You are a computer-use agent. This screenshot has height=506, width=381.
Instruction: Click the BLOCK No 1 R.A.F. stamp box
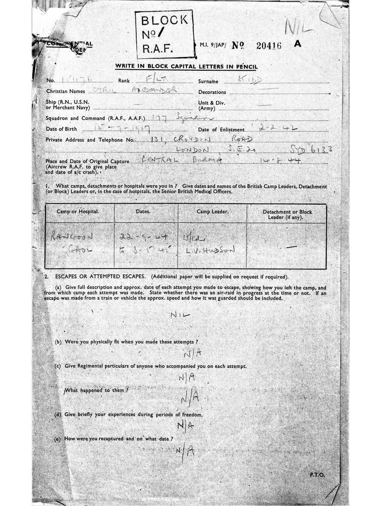click(164, 34)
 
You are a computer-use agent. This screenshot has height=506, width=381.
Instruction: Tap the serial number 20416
click(269, 45)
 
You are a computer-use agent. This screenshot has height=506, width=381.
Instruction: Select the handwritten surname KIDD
click(250, 80)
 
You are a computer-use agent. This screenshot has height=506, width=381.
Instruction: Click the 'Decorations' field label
click(212, 92)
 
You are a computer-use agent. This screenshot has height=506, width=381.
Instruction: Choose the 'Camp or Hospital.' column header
click(78, 211)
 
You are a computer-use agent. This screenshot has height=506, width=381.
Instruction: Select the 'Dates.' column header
click(143, 211)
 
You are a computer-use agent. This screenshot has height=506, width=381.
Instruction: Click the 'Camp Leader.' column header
click(212, 211)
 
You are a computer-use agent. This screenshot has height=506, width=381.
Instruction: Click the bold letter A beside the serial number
click(297, 43)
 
